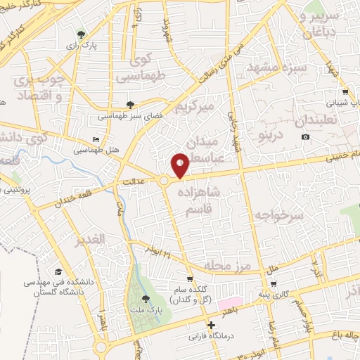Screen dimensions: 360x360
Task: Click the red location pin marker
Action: pos(181,165)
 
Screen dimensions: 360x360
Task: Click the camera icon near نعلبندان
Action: pos(305,136)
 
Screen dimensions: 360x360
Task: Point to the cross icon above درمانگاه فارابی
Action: pos(211,325)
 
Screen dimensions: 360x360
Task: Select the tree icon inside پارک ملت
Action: pos(146,299)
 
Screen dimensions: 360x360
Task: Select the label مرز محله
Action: pos(227,266)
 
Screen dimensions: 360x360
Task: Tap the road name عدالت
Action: pos(134,181)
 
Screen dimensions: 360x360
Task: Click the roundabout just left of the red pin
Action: pos(164,181)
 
